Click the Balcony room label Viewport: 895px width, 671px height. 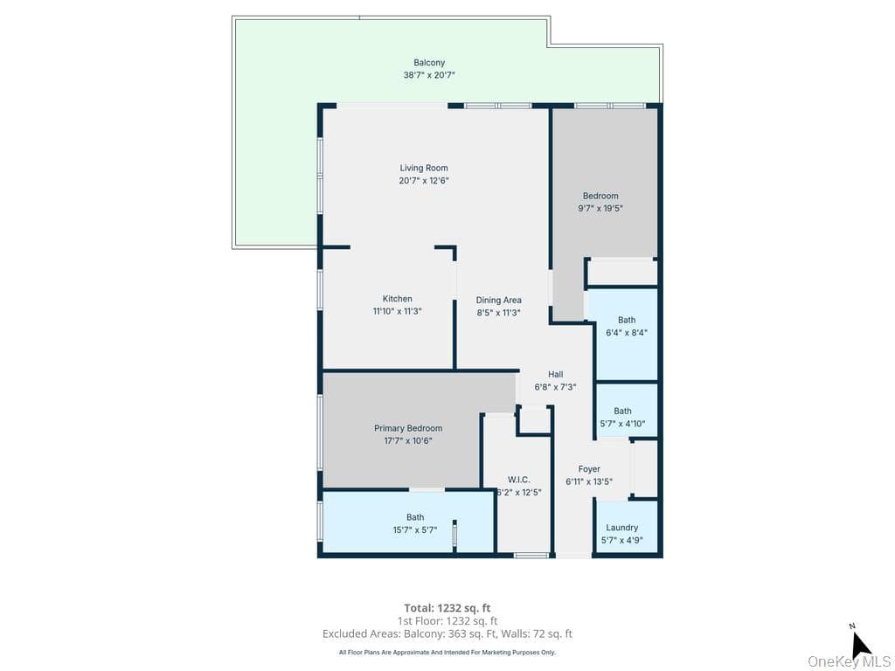coord(429,63)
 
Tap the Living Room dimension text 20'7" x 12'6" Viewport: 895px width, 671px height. coord(424,181)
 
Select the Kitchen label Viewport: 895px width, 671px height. coord(398,299)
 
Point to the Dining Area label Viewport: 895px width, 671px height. coord(499,301)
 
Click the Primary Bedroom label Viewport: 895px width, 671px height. coord(408,428)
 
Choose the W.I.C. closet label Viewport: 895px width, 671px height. coord(519,480)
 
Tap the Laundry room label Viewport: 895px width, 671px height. coord(622,528)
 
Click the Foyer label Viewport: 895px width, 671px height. coord(589,469)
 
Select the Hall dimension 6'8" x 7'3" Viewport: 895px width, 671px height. coord(555,387)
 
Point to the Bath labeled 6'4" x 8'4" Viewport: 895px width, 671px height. coord(627,320)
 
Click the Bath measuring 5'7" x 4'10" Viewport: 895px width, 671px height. coord(622,411)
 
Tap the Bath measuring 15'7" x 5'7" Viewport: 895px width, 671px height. coord(415,517)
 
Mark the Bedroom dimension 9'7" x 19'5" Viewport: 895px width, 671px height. coord(600,209)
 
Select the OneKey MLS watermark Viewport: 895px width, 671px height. coord(849,662)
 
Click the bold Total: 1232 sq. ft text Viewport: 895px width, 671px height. coord(447,608)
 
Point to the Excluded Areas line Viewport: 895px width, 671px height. coord(447,634)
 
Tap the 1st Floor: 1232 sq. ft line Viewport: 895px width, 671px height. coord(447,621)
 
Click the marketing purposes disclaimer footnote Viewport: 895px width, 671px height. coord(447,652)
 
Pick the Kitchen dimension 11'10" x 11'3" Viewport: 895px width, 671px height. coord(398,312)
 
